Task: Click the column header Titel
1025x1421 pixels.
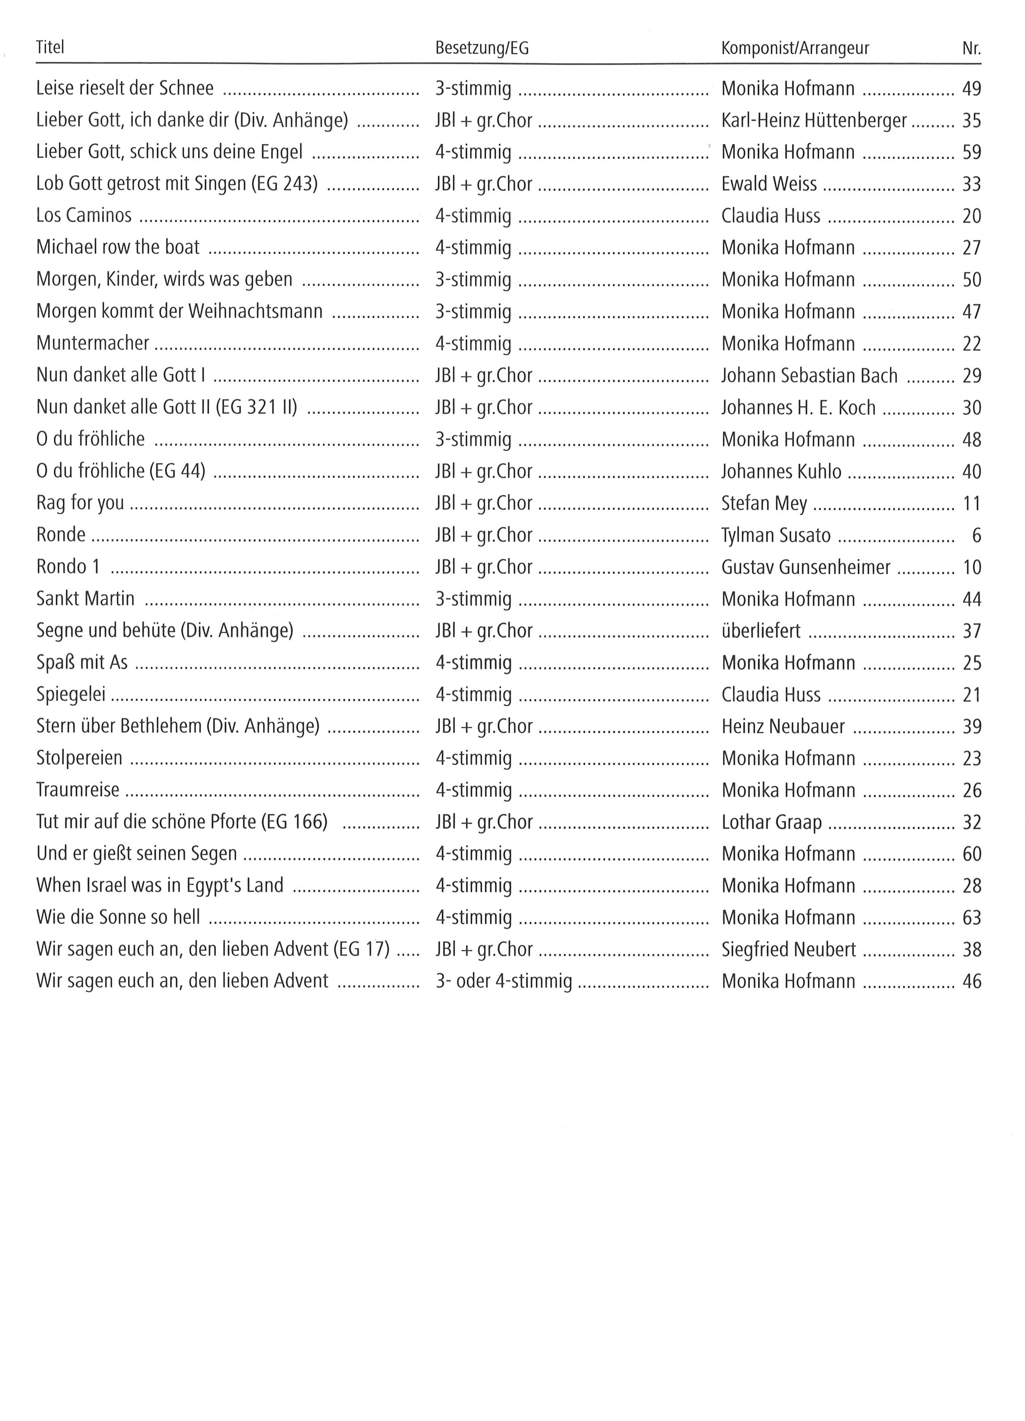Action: point(50,48)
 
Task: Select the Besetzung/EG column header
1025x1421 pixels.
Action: point(481,48)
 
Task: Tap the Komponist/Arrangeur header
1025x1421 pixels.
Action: point(794,48)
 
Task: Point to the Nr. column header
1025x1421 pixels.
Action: point(971,48)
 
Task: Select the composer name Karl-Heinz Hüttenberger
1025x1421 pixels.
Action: point(814,120)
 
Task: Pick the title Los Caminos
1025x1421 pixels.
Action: point(84,215)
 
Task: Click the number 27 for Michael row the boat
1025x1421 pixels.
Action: point(971,248)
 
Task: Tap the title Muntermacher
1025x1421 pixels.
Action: point(93,343)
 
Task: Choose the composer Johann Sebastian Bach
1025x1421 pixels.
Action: point(809,375)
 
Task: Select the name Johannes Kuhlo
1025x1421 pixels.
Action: point(781,471)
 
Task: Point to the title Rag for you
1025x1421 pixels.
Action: point(80,503)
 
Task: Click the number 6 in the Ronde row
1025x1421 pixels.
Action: point(976,536)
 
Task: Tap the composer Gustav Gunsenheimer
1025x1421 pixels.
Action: point(805,567)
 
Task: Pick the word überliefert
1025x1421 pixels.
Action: point(761,631)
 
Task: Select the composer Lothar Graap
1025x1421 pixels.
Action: point(771,822)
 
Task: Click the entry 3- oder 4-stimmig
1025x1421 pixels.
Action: point(503,981)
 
